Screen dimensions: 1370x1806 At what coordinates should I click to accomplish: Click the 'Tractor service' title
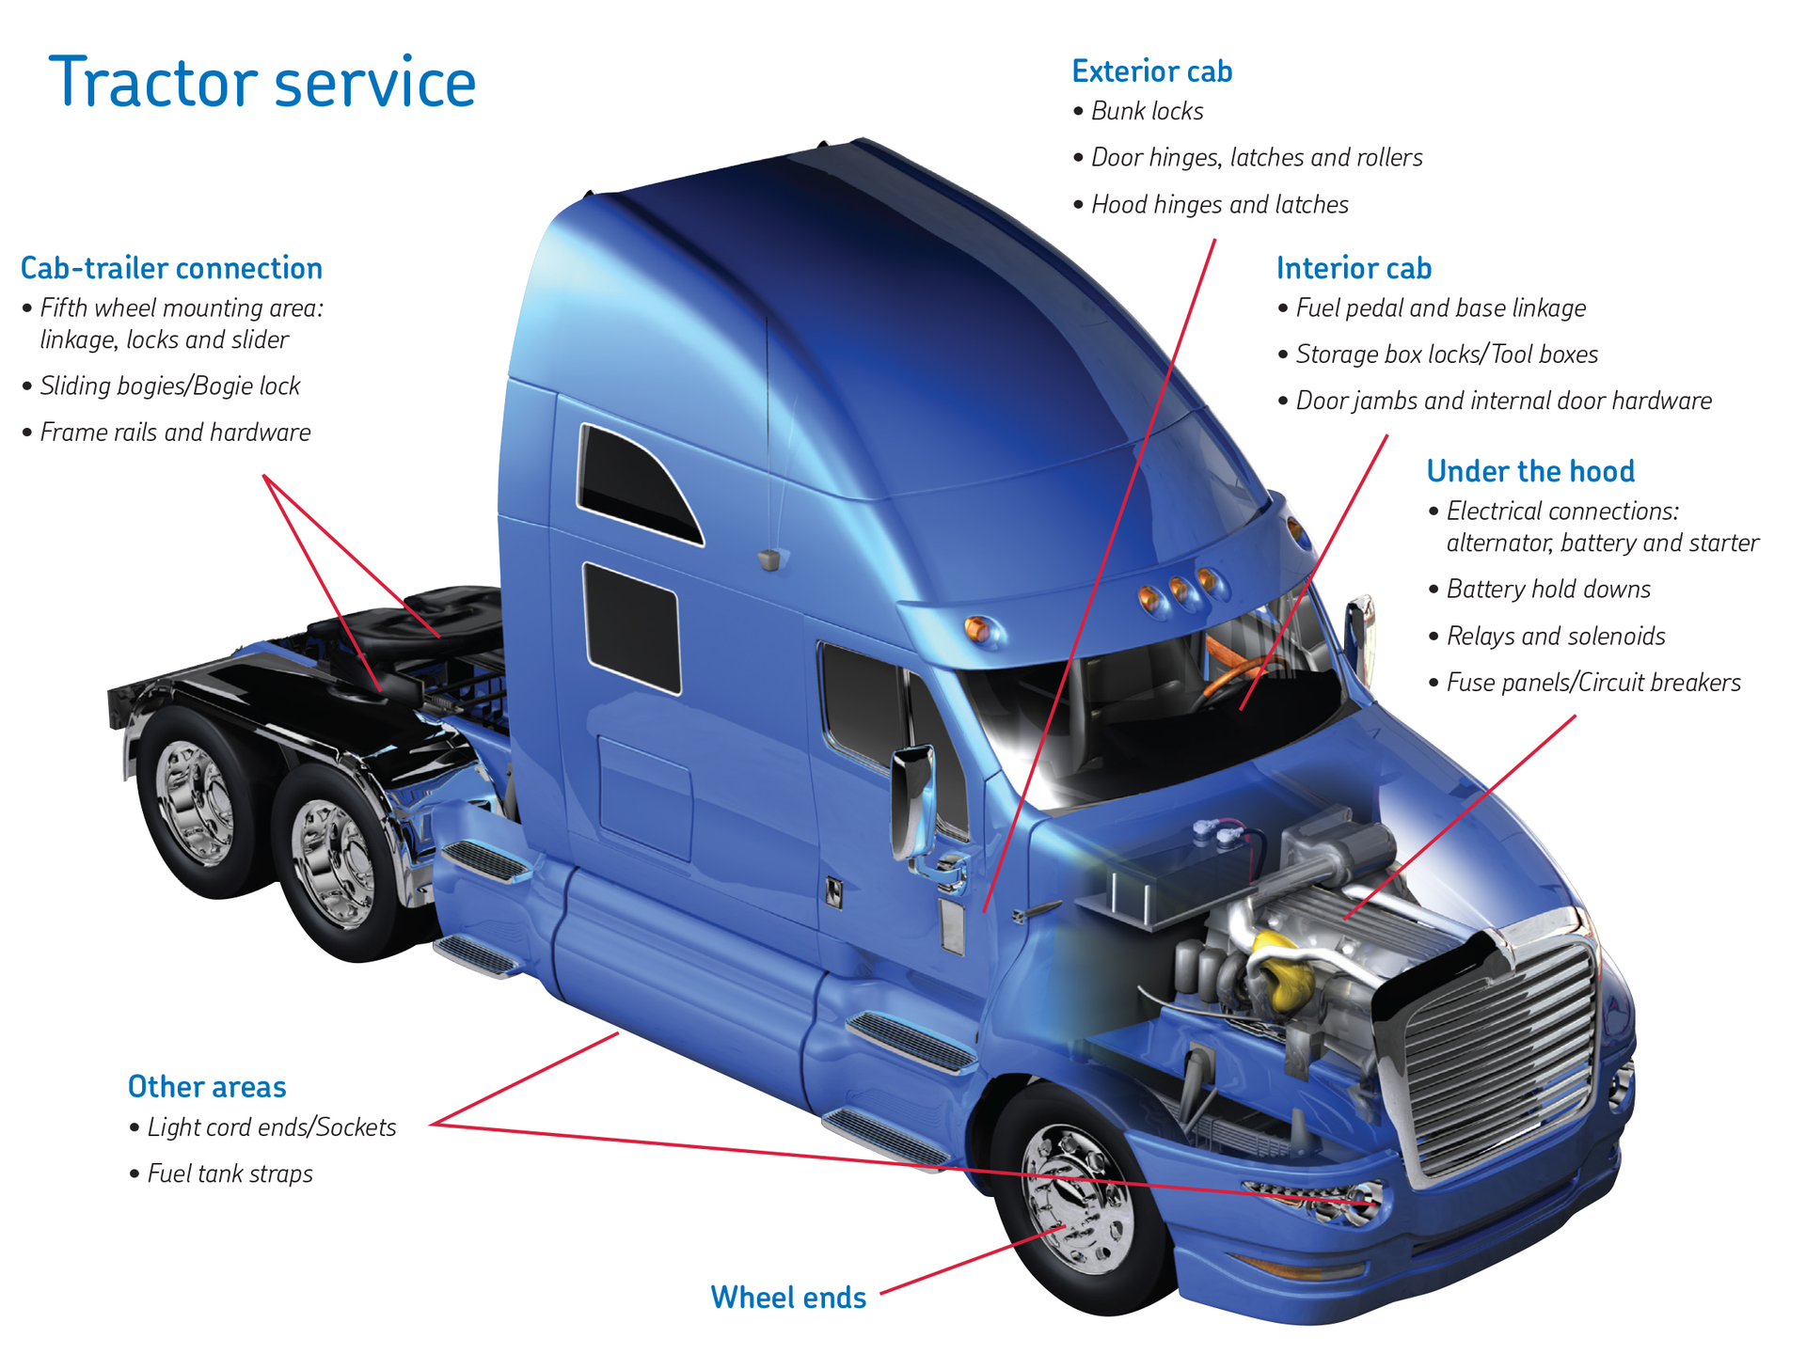coord(262,84)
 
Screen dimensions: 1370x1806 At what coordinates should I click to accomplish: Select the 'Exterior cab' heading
coord(1151,71)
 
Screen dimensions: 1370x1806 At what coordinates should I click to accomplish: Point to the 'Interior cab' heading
coord(1353,269)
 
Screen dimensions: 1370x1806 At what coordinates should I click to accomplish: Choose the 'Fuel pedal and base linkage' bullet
coord(1439,308)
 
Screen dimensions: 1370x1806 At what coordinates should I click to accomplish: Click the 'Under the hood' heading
coord(1529,471)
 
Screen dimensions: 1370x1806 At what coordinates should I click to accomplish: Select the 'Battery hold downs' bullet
coord(1547,590)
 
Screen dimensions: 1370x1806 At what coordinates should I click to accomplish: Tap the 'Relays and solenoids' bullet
coord(1555,637)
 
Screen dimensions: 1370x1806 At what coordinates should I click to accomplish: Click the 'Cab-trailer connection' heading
coord(171,269)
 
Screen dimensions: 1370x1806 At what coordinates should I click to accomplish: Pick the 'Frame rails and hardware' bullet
coord(174,433)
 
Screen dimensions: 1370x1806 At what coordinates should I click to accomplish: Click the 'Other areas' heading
coord(207,1087)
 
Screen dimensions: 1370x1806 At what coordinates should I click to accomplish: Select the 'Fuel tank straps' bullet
coord(229,1173)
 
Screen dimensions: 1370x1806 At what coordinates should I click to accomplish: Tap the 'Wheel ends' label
coord(788,1298)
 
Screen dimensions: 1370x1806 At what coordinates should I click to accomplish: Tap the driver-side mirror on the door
coord(911,799)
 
